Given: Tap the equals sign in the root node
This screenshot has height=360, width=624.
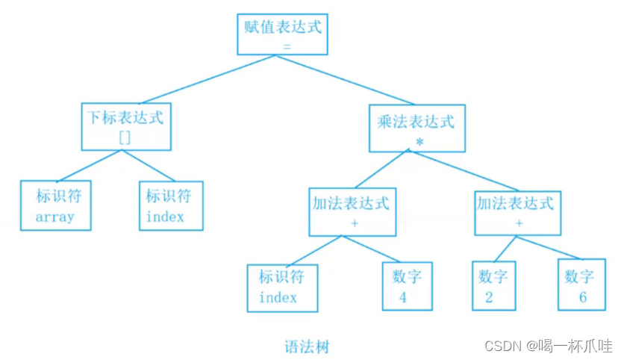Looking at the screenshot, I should click(286, 46).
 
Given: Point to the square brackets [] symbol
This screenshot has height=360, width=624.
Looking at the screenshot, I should click(125, 137).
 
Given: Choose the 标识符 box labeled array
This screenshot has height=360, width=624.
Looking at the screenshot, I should click(56, 205).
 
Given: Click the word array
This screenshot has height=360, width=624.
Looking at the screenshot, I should click(55, 217).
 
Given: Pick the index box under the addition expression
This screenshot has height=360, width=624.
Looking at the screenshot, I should click(282, 286).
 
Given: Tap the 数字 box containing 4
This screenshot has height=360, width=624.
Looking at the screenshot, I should click(407, 286).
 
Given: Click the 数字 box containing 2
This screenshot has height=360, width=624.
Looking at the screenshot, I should click(493, 286).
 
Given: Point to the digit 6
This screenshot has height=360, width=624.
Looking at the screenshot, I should click(582, 297).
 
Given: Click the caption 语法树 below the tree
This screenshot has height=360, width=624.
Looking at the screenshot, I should click(307, 347).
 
